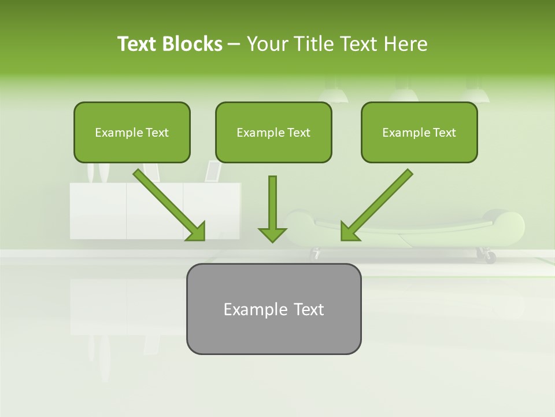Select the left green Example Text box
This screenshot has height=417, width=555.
(x=132, y=133)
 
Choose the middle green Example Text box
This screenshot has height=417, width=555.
(x=273, y=133)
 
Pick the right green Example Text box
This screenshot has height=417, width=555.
(x=419, y=133)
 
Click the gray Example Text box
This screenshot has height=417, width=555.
(x=273, y=309)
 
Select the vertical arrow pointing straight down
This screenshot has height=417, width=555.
(x=272, y=203)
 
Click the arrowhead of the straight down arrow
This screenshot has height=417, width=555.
(x=272, y=234)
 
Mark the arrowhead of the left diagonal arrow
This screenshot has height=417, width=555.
(x=196, y=231)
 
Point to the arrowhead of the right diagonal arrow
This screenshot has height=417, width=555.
(x=349, y=231)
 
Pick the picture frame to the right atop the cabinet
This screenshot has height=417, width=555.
(x=213, y=171)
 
